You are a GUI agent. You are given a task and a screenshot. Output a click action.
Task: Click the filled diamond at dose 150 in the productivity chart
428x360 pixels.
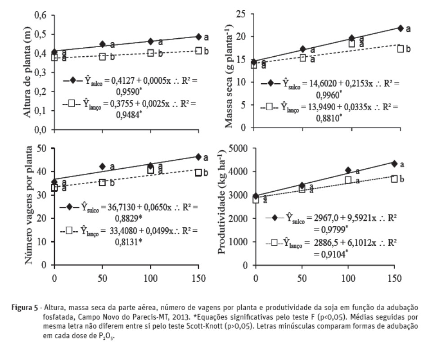tap(395, 163)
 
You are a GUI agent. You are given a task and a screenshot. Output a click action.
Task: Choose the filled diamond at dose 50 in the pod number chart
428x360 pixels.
tap(102, 166)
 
